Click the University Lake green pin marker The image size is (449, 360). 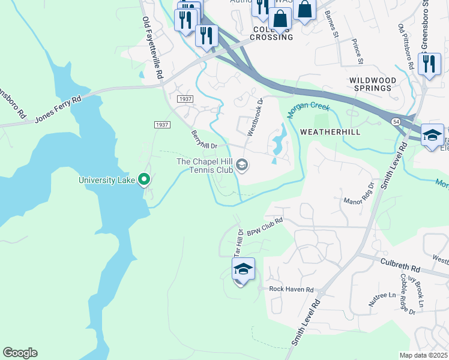tap(144, 179)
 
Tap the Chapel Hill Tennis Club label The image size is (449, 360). tap(203, 166)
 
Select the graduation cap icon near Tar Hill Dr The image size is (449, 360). tap(243, 270)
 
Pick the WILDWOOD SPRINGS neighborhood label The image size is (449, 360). tap(373, 84)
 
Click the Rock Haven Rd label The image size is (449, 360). tap(291, 289)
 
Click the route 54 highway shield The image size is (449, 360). tap(397, 121)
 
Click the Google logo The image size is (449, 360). tap(20, 353)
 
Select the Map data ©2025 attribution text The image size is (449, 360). tap(424, 355)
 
